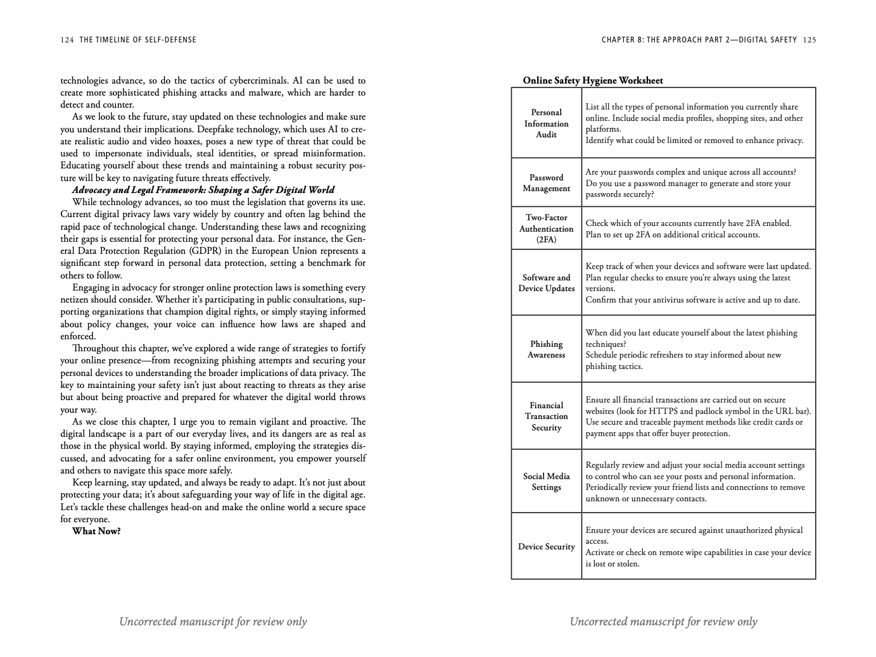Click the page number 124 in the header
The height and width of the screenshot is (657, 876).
click(x=67, y=40)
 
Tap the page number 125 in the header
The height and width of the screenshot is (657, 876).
click(x=809, y=40)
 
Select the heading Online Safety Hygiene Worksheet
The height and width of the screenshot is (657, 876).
click(x=593, y=80)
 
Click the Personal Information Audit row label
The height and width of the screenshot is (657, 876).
click(x=546, y=123)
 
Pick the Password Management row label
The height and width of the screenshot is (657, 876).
click(x=546, y=183)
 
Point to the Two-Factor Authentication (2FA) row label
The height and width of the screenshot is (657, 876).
click(x=546, y=228)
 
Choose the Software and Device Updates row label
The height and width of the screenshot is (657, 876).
click(x=546, y=283)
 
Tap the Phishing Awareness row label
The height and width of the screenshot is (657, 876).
click(x=546, y=349)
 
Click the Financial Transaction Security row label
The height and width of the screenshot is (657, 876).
click(x=546, y=416)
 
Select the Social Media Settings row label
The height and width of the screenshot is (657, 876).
click(x=546, y=482)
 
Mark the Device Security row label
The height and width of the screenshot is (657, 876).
click(x=546, y=547)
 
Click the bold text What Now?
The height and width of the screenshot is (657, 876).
click(x=96, y=531)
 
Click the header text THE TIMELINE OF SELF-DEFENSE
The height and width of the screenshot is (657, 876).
click(x=137, y=40)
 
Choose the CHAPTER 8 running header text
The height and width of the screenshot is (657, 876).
click(x=699, y=40)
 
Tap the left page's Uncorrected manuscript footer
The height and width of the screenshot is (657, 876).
click(x=213, y=622)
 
